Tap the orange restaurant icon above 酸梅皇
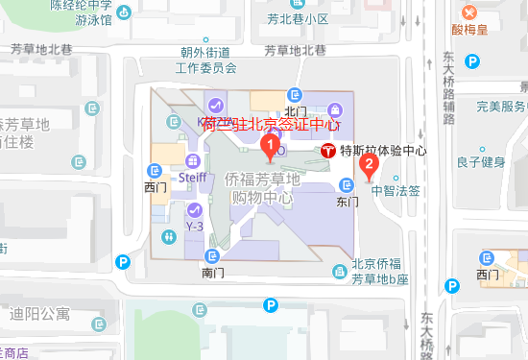[469, 13]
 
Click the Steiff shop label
[193, 178]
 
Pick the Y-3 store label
[194, 226]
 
